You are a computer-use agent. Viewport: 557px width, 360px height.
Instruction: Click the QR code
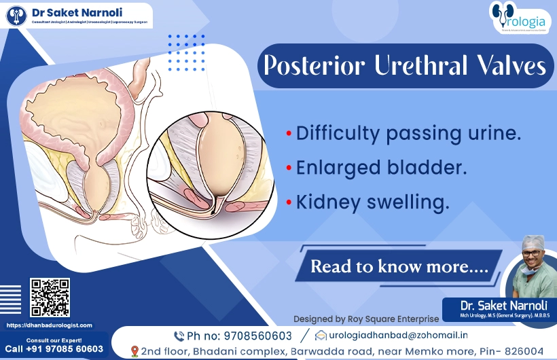[x=50, y=298]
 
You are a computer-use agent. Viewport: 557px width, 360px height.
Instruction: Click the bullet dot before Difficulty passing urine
[x=289, y=134]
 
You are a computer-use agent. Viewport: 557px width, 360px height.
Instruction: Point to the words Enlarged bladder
[x=381, y=167]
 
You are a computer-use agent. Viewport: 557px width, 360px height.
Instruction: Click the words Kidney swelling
[x=373, y=202]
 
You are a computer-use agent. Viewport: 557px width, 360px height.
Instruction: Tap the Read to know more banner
[x=399, y=266]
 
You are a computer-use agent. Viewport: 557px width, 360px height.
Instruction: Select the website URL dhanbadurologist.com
[x=49, y=325]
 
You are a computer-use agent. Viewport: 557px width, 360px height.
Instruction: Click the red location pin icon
[x=134, y=351]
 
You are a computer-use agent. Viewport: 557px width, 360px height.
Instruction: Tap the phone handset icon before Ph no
[x=179, y=336]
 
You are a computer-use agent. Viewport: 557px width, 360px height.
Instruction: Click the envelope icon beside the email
[x=322, y=335]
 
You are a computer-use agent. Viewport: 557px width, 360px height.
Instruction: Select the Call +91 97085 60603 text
[x=54, y=349]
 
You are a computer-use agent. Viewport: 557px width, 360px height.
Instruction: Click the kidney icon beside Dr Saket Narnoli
[x=16, y=15]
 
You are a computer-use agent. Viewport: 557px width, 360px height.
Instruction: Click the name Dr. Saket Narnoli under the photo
[x=499, y=305]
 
